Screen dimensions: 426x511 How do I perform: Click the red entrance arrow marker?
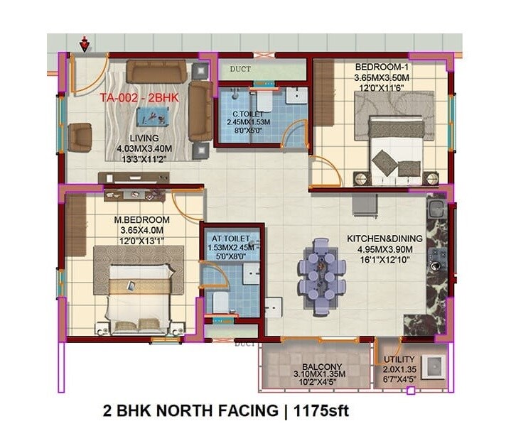(85, 45)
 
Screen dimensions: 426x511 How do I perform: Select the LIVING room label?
(144, 138)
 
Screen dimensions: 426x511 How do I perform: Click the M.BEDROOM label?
(142, 219)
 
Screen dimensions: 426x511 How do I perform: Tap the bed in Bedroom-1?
(396, 151)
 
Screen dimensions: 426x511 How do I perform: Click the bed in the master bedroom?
(138, 293)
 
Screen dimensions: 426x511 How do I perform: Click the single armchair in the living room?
(80, 136)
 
